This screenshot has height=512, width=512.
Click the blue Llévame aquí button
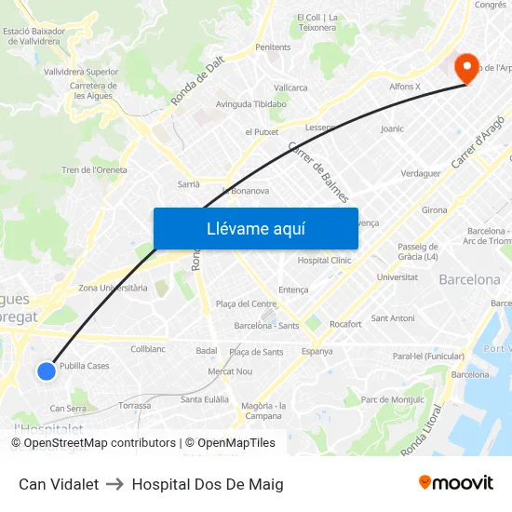(255, 229)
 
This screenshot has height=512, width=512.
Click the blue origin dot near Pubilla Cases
(47, 371)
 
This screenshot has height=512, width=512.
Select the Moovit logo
(456, 483)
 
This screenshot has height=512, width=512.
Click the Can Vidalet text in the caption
(59, 484)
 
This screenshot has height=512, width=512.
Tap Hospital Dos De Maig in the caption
(208, 484)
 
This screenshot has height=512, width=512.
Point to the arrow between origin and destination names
(115, 484)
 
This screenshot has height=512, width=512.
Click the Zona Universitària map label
(113, 289)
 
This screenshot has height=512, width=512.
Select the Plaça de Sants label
(256, 352)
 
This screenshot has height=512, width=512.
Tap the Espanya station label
(317, 351)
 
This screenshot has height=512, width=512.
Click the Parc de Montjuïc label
(391, 399)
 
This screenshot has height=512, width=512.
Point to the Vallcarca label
(290, 88)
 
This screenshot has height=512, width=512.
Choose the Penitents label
(273, 47)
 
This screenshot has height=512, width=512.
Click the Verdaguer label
(420, 173)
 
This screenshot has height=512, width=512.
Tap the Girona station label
(435, 210)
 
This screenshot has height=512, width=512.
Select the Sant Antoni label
(392, 318)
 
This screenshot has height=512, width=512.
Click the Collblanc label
(148, 349)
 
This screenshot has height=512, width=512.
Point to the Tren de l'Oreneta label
(94, 170)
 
